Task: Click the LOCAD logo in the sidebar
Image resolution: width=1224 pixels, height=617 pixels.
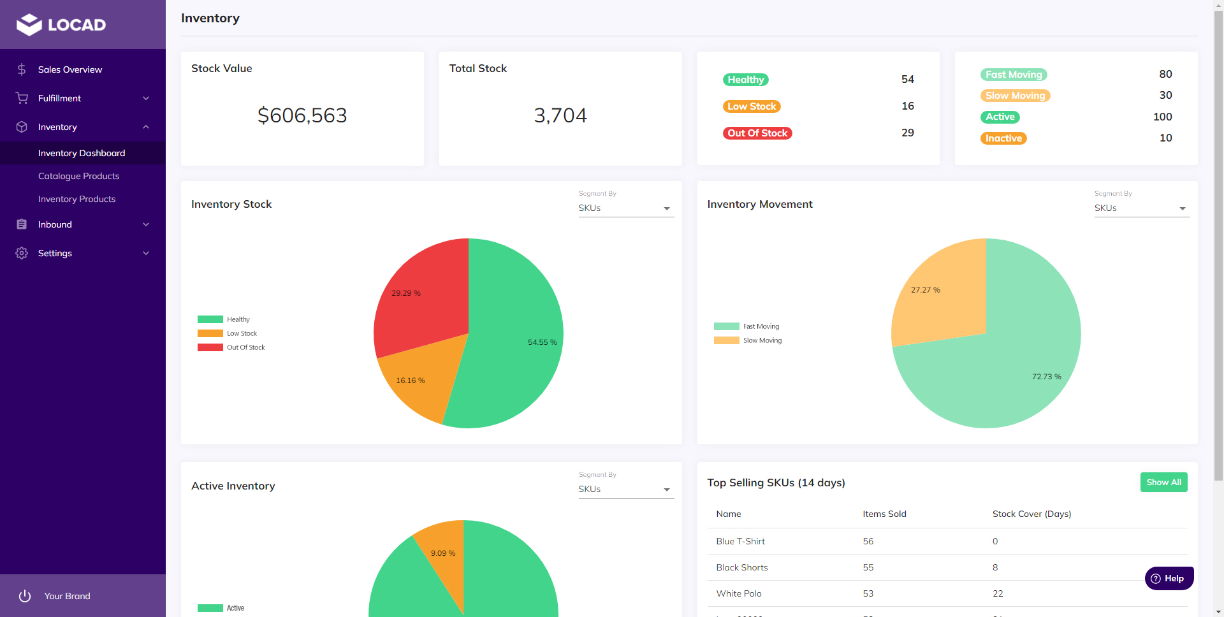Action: (x=61, y=25)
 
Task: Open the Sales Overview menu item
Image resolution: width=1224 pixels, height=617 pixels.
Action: (x=69, y=69)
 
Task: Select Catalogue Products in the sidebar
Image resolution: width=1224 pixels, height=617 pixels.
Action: (x=78, y=176)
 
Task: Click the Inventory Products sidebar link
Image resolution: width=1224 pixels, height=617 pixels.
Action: (x=76, y=199)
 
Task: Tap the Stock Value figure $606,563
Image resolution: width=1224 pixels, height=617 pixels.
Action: (x=302, y=115)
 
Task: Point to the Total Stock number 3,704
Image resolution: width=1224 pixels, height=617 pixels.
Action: (x=560, y=115)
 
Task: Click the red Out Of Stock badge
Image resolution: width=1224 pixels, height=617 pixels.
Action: (x=757, y=133)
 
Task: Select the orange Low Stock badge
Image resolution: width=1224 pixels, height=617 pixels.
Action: (x=752, y=106)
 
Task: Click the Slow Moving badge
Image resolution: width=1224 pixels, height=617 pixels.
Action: (x=1015, y=96)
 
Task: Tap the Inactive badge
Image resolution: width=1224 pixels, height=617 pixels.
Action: (x=1003, y=138)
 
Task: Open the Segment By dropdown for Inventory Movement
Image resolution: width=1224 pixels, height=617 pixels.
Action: (x=1141, y=208)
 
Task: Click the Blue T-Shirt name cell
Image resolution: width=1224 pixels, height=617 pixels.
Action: (x=740, y=541)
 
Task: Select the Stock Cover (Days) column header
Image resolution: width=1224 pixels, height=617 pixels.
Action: (x=1031, y=514)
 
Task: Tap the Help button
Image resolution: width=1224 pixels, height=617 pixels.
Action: (x=1169, y=578)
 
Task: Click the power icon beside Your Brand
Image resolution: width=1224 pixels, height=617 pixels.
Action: (x=25, y=596)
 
